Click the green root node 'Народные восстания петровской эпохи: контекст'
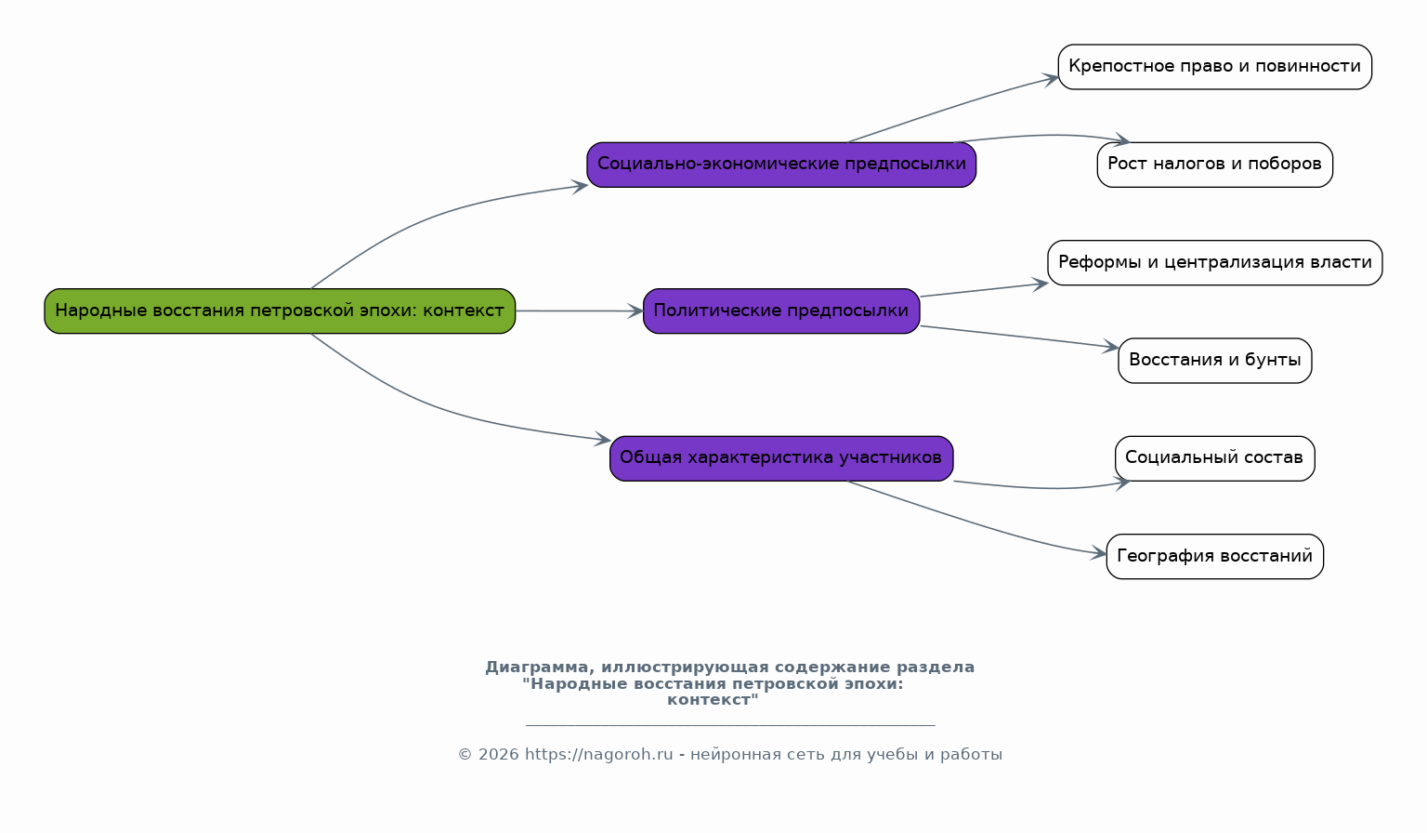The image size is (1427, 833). click(x=280, y=311)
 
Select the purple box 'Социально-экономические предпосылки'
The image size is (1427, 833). click(x=781, y=165)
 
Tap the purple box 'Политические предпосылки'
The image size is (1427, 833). click(x=781, y=311)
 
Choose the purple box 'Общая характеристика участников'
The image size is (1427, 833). click(x=781, y=458)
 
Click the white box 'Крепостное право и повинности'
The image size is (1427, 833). click(x=1215, y=67)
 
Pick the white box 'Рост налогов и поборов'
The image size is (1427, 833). click(x=1215, y=165)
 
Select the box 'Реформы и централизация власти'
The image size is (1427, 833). click(x=1215, y=262)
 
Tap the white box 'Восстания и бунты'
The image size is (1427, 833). click(x=1215, y=361)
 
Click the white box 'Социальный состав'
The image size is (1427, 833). click(x=1215, y=458)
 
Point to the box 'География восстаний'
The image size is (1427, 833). click(x=1215, y=556)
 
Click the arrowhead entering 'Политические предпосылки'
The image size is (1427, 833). click(x=635, y=311)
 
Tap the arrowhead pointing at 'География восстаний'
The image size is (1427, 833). click(x=1098, y=553)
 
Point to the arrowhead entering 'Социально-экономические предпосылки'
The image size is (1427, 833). click(x=579, y=186)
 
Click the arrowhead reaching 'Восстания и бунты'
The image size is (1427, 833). click(x=1110, y=347)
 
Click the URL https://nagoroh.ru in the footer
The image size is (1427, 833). click(x=599, y=755)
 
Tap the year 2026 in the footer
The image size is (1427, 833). click(x=499, y=755)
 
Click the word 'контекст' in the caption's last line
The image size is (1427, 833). click(x=709, y=700)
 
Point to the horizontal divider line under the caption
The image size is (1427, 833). click(x=730, y=725)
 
